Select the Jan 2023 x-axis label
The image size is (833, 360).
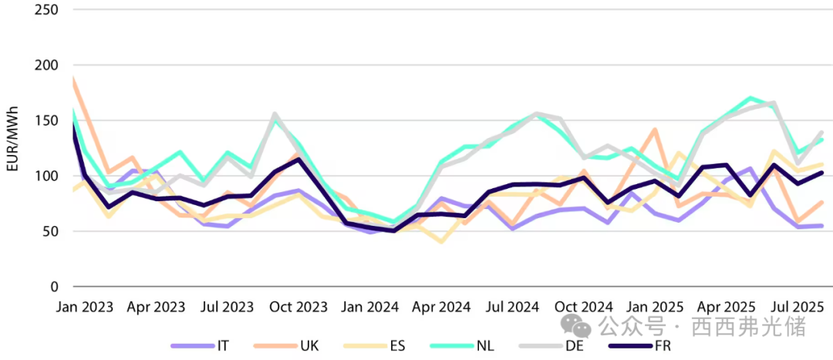pos(85,307)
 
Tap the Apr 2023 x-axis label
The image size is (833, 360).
pos(157,307)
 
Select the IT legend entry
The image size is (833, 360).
pos(204,346)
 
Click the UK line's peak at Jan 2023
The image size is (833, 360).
pos(74,78)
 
